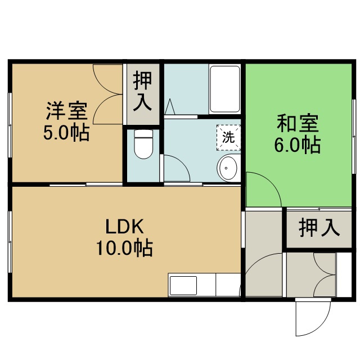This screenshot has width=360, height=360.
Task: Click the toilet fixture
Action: point(143,144)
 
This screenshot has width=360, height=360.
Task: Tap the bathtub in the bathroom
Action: point(225,89)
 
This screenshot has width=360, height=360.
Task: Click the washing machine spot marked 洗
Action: point(228,138)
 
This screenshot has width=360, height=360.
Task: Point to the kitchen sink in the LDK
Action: point(183,285)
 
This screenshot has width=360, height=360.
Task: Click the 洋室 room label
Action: point(67,111)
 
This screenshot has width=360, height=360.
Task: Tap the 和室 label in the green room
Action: point(298,124)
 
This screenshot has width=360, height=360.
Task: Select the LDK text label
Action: point(124,226)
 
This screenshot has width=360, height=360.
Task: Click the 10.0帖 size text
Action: point(124,248)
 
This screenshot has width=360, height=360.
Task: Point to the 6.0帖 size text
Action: point(298,145)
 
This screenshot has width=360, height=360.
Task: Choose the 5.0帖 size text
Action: point(66,133)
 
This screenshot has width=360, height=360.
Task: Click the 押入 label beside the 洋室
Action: point(143,91)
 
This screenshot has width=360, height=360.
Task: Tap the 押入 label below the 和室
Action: point(319,227)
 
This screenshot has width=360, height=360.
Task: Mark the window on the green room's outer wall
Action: point(354,136)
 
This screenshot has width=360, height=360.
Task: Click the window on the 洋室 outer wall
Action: point(10,125)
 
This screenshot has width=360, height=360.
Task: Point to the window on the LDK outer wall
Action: point(10,241)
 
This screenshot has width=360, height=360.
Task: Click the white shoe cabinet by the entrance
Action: point(344,274)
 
